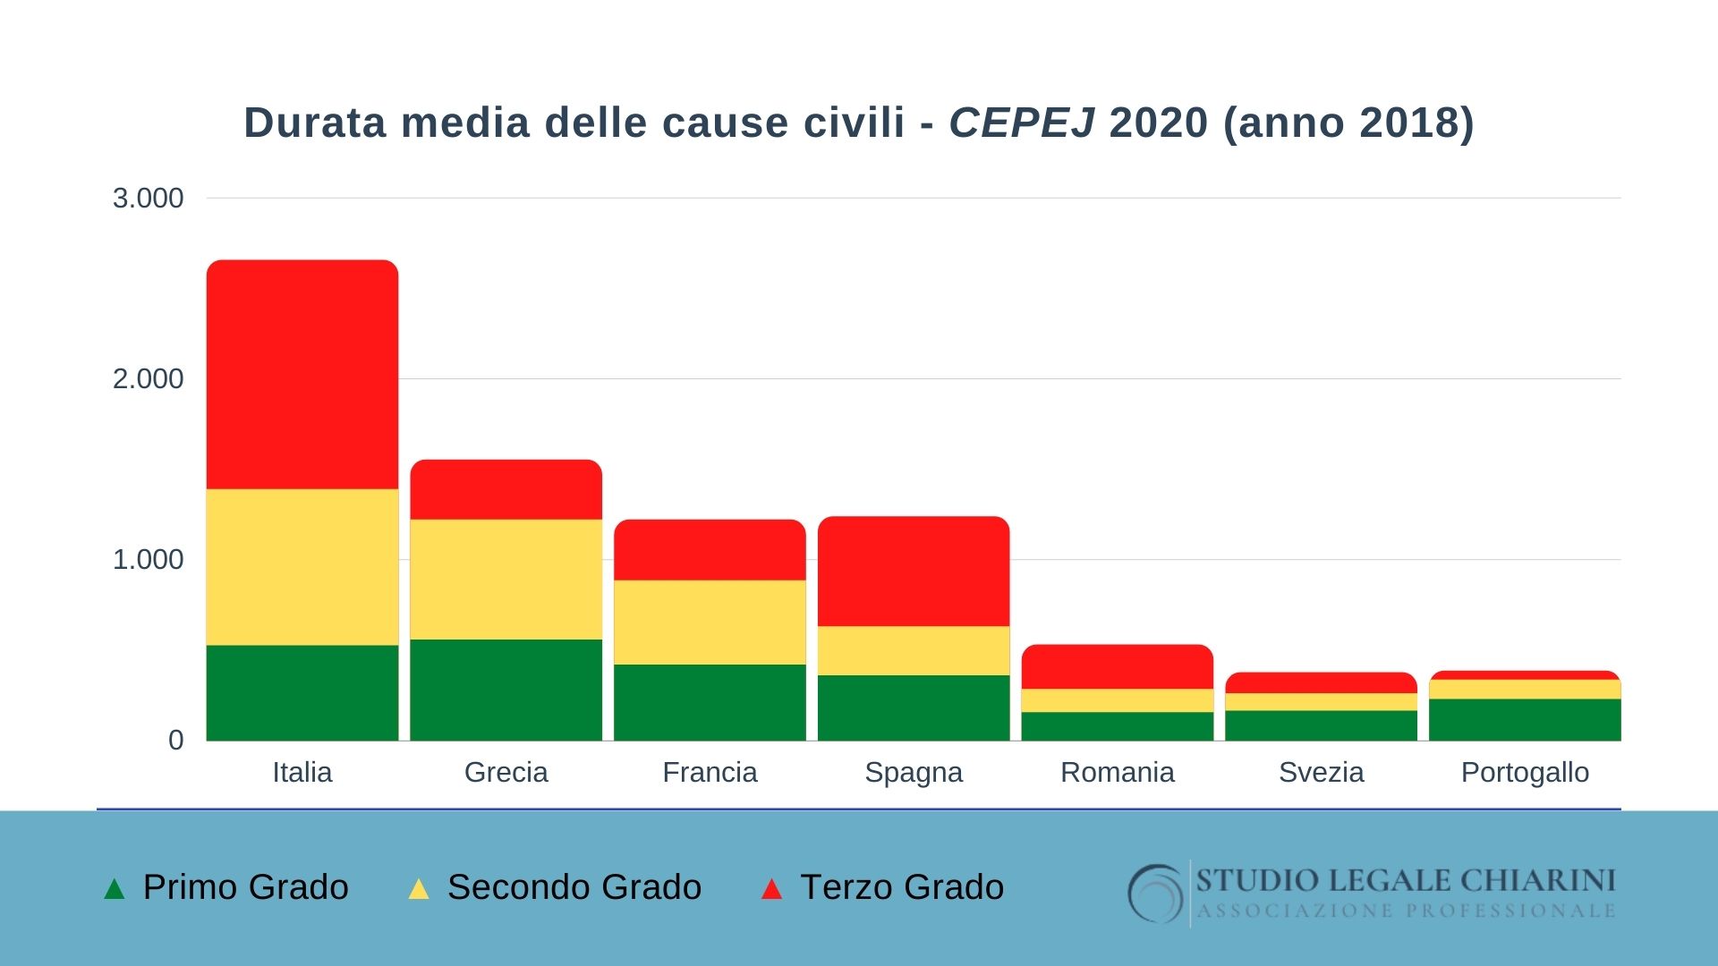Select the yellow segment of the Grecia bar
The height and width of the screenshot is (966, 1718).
506,579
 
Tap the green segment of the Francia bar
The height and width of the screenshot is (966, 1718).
710,702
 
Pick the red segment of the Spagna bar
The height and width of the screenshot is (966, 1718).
914,571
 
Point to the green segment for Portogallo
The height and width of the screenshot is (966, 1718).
1525,719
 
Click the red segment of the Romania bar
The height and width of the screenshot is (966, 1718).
1118,666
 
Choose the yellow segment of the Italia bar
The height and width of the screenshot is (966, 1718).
302,566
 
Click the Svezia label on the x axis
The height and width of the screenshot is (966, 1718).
1321,772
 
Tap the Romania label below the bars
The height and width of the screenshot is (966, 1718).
1117,772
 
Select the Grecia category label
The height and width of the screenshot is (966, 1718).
506,772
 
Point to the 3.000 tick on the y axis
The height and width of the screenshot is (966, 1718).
148,198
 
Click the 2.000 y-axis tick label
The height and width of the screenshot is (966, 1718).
148,378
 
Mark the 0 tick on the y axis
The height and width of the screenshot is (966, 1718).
175,740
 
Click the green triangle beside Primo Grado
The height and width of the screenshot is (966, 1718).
115,889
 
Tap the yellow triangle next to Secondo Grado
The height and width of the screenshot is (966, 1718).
418,889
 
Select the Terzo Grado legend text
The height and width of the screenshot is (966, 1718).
902,887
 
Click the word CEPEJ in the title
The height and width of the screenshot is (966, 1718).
1022,123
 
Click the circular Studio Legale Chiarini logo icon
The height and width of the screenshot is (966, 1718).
1156,893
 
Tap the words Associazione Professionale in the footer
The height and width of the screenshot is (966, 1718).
1406,911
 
